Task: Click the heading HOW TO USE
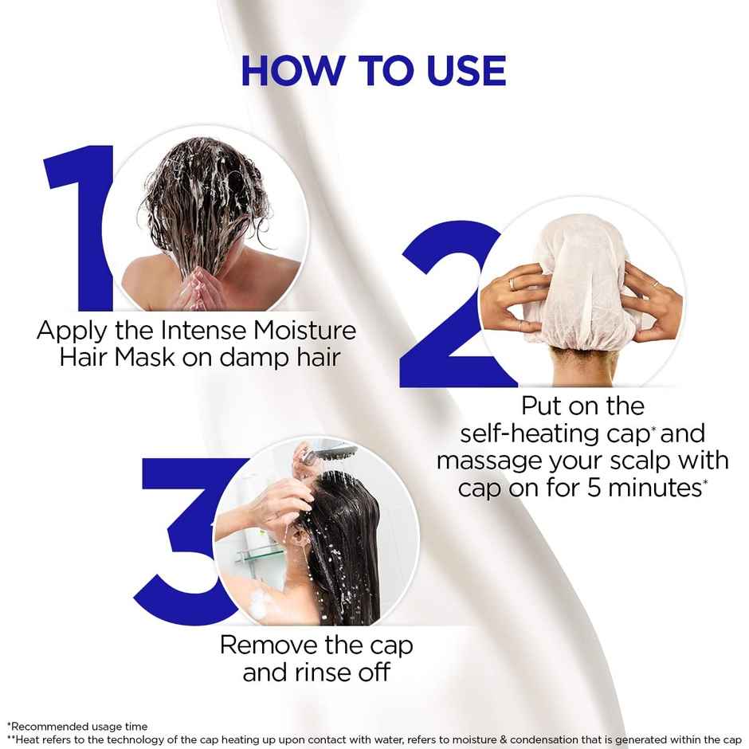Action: coord(373,71)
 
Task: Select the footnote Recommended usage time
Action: coord(77,727)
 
